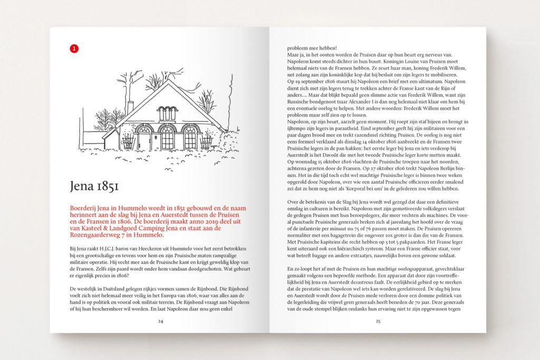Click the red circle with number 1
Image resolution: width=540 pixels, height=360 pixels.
point(74,48)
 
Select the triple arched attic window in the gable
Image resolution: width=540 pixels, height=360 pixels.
point(168,113)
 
